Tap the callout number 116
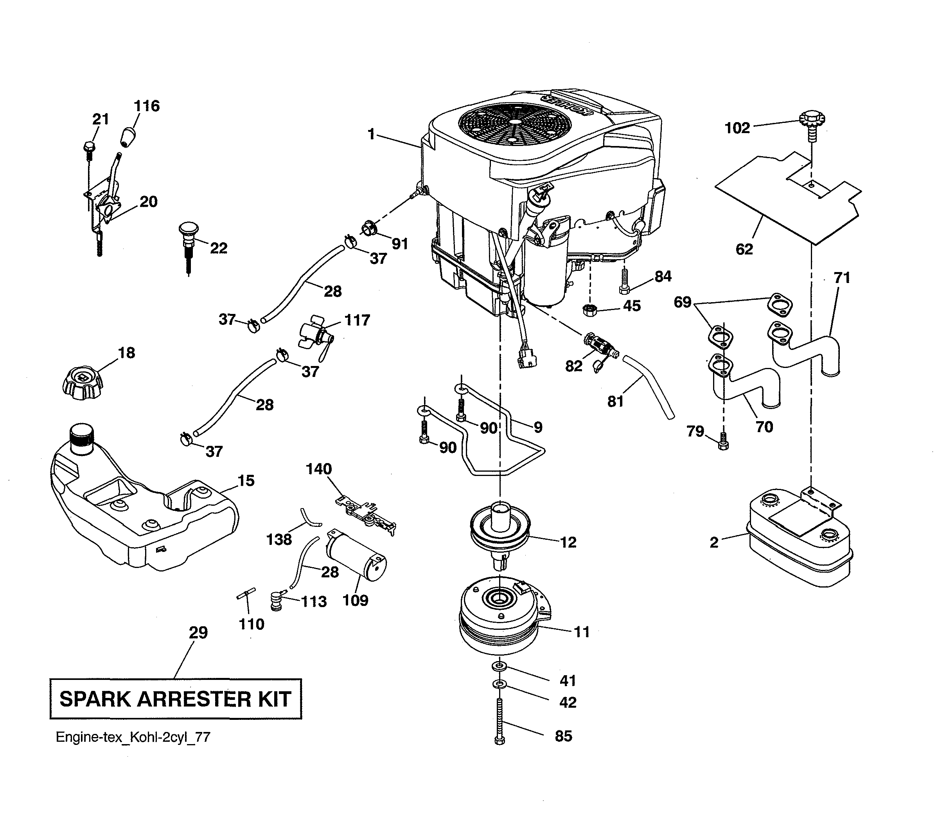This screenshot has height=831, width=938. pos(146,106)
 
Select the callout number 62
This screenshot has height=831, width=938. pos(744,249)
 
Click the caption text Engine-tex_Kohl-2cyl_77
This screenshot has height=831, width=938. pos(133,737)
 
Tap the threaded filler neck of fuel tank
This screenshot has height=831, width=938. pos(82,438)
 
